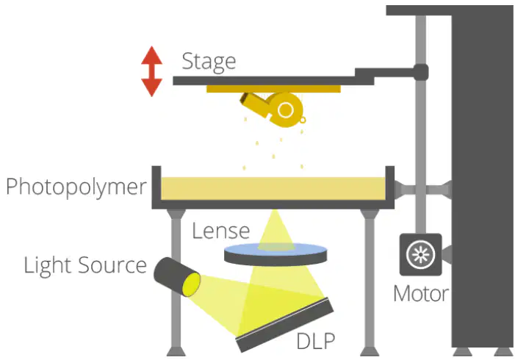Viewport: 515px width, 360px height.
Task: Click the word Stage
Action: pyautogui.click(x=209, y=62)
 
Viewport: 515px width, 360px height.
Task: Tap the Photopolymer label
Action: pyautogui.click(x=76, y=187)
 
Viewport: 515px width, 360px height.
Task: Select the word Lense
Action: pyautogui.click(x=220, y=231)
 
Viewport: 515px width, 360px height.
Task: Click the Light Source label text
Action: pyautogui.click(x=85, y=266)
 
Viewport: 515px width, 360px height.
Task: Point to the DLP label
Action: pyautogui.click(x=316, y=341)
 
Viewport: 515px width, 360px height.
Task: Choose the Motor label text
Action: pyautogui.click(x=421, y=293)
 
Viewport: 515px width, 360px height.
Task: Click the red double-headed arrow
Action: pyautogui.click(x=152, y=71)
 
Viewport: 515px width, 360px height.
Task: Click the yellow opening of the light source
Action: pyautogui.click(x=192, y=284)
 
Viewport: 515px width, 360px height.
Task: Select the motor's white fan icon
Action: pyautogui.click(x=421, y=254)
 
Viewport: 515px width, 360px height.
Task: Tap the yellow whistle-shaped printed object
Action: pyautogui.click(x=273, y=109)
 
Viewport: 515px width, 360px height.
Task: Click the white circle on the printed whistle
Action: pyautogui.click(x=285, y=109)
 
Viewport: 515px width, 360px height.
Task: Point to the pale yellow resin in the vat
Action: pyautogui.click(x=273, y=188)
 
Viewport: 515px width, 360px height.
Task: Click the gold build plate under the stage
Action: pyautogui.click(x=273, y=89)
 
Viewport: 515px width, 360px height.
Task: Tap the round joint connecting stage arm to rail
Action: pyautogui.click(x=421, y=72)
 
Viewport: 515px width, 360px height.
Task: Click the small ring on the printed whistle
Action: pyautogui.click(x=303, y=120)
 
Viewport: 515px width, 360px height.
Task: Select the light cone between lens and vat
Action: pyautogui.click(x=275, y=230)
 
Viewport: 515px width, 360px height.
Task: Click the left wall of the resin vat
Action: pyautogui.click(x=156, y=187)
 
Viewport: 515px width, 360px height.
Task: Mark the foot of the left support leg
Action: pyautogui.click(x=176, y=351)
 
